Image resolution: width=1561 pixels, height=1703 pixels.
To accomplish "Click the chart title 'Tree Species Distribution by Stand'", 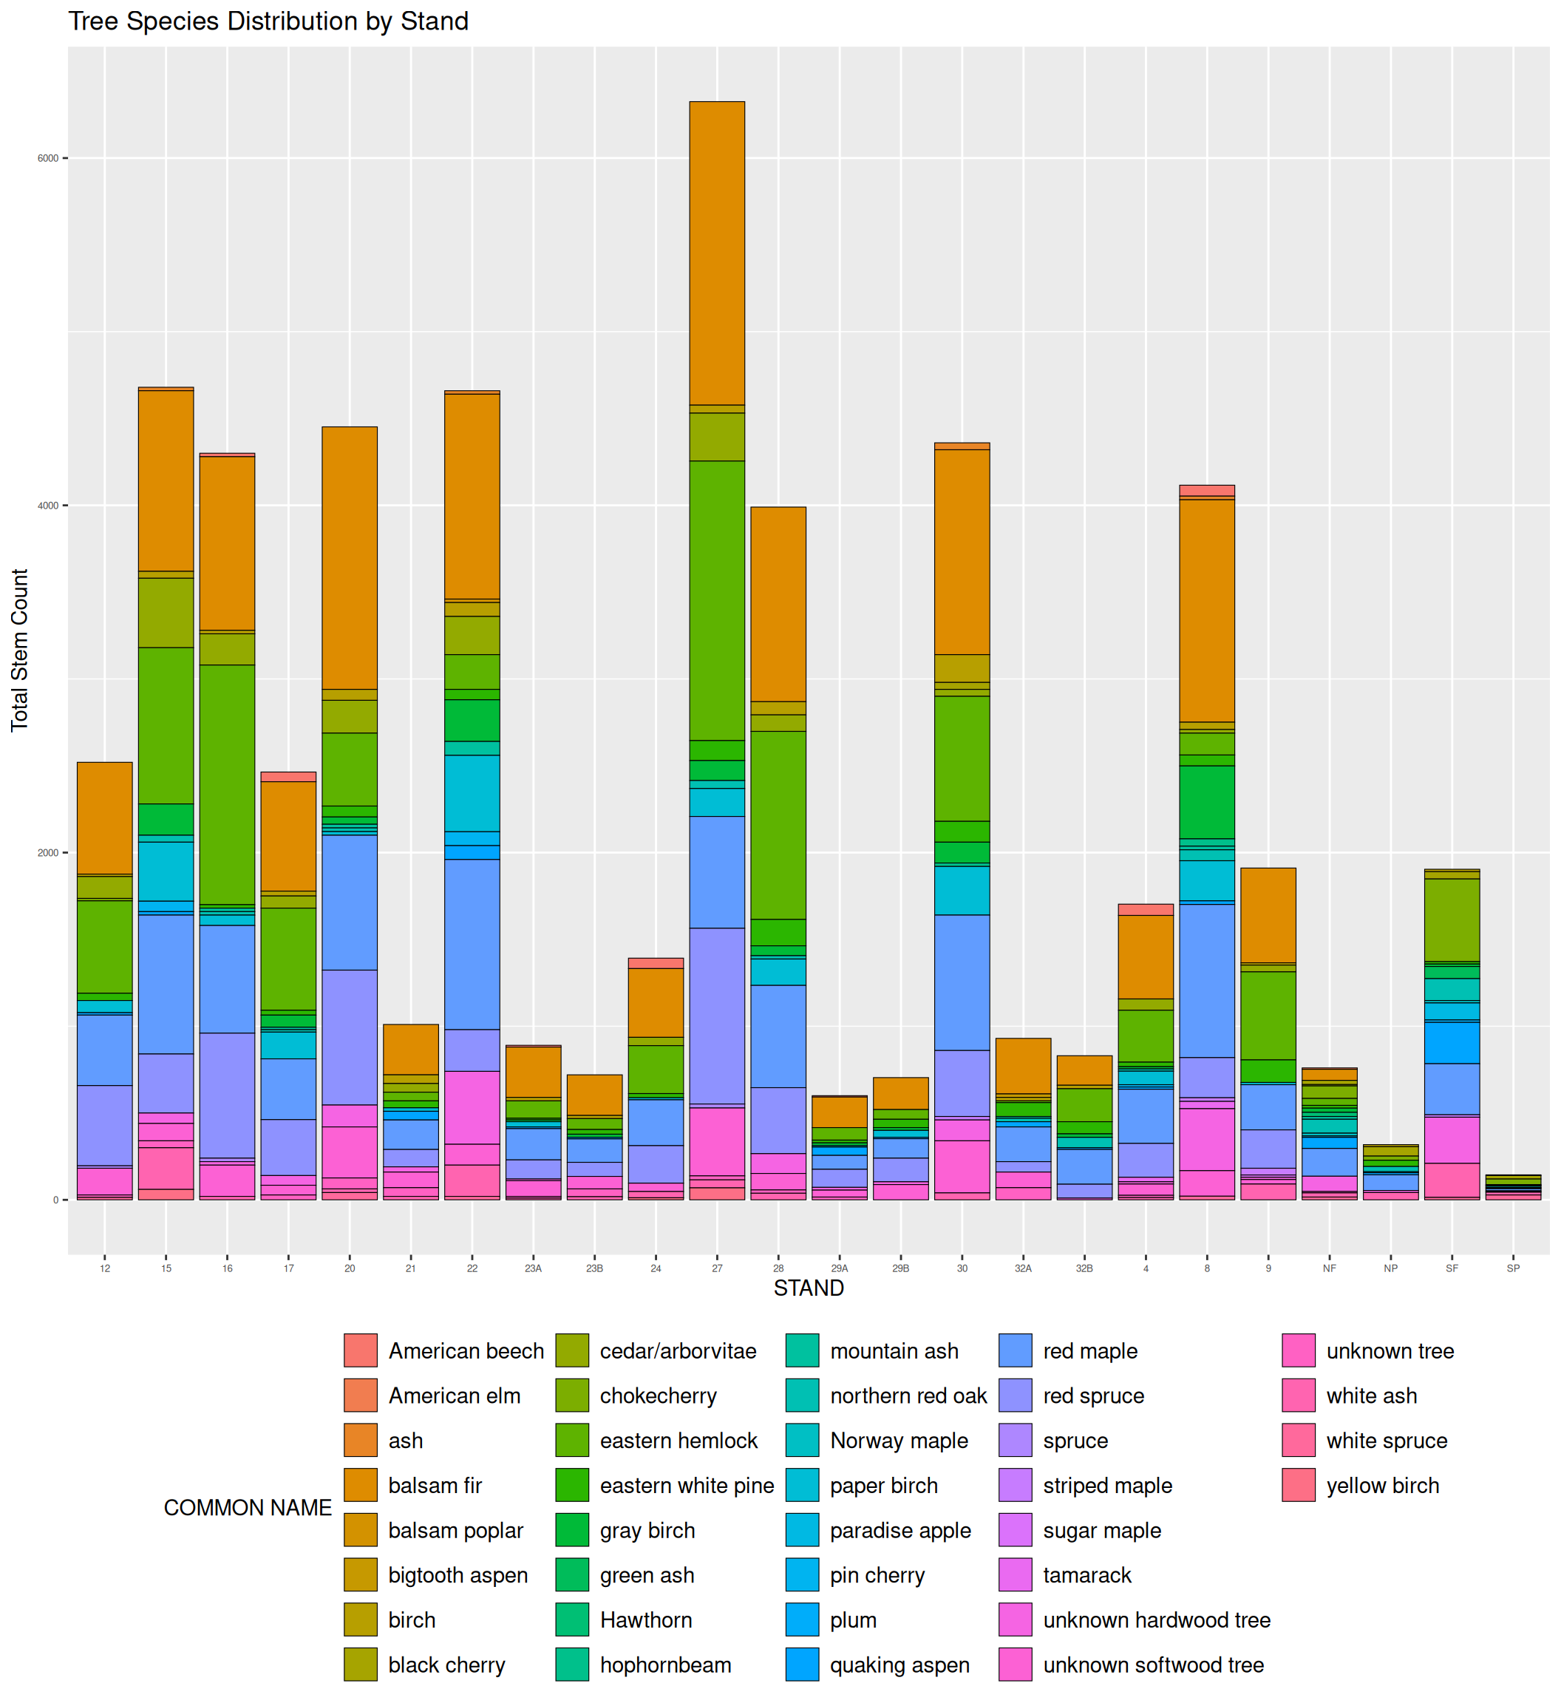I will point(268,21).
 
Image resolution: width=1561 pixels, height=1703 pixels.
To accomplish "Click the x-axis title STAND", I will point(809,1288).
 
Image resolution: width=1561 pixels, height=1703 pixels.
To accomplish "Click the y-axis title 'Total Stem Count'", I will point(19,650).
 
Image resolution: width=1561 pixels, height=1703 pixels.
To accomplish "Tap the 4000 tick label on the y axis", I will point(48,506).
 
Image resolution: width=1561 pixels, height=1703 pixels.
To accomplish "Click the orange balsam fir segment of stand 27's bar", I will point(717,254).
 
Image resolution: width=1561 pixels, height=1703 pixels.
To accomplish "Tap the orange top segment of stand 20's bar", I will point(350,557).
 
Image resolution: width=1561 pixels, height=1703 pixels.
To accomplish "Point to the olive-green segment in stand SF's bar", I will point(1452,920).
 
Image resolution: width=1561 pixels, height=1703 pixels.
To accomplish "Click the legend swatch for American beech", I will point(361,1350).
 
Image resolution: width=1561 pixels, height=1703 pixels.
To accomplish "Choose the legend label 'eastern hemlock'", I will point(679,1441).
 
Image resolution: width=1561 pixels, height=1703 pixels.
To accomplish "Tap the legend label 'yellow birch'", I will point(1382,1486).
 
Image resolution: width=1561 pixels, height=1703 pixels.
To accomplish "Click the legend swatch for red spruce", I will point(1016,1396).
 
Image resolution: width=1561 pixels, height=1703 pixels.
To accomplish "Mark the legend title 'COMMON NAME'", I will point(248,1508).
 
